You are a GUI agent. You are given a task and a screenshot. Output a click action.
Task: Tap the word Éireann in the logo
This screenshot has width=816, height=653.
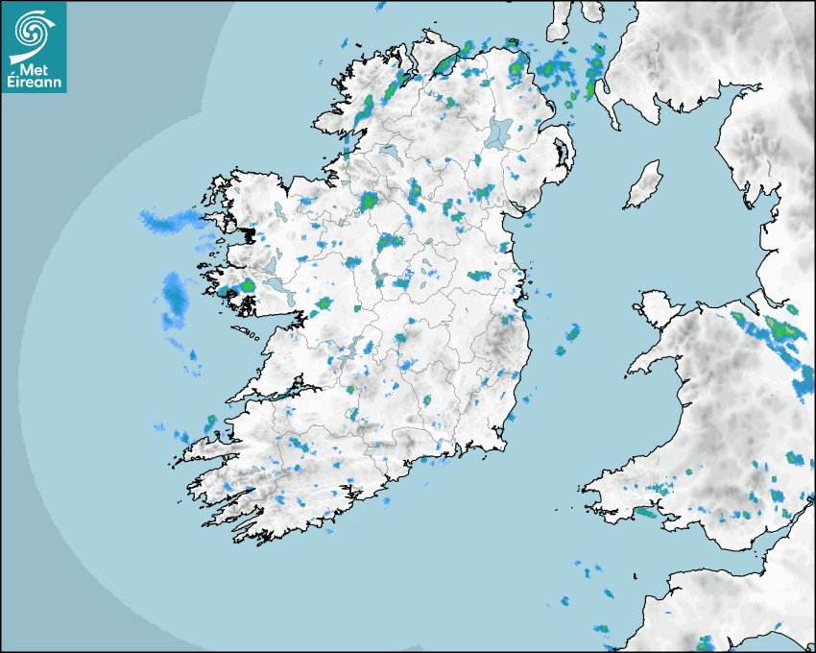click(x=35, y=84)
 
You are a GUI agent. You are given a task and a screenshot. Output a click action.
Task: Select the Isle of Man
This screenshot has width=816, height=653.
click(x=643, y=184)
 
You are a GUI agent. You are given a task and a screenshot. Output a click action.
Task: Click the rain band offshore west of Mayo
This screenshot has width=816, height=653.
click(x=165, y=222)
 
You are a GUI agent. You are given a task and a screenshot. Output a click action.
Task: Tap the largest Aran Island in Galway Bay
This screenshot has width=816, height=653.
click(x=248, y=333)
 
